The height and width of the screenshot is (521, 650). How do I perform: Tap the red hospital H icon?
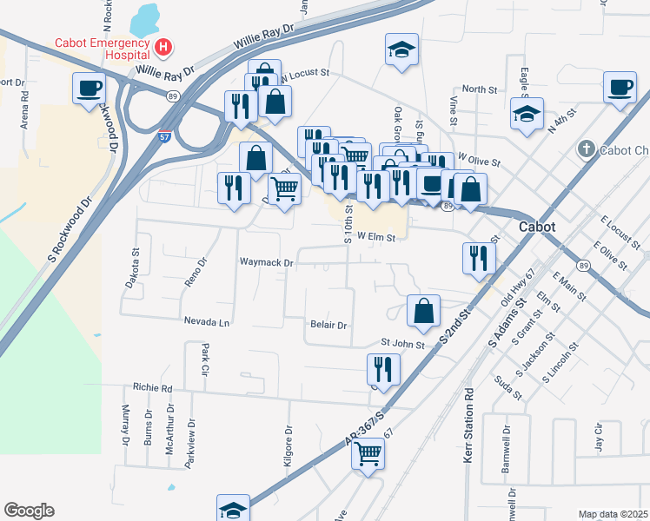pyautogui.click(x=162, y=46)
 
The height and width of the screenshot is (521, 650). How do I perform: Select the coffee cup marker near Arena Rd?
pyautogui.click(x=90, y=89)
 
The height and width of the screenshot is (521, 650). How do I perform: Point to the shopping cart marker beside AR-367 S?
pyautogui.click(x=368, y=452)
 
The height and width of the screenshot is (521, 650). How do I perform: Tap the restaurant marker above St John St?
pyautogui.click(x=382, y=369)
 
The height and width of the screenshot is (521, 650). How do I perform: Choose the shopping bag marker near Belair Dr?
pyautogui.click(x=423, y=311)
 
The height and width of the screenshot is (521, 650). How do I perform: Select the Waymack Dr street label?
pyautogui.click(x=268, y=261)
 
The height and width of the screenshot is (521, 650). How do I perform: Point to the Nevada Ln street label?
pyautogui.click(x=206, y=321)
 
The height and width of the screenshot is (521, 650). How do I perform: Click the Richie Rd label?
pyautogui.click(x=153, y=388)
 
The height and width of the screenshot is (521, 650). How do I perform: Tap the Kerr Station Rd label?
pyautogui.click(x=468, y=425)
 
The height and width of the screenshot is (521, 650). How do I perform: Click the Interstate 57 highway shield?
pyautogui.click(x=165, y=137)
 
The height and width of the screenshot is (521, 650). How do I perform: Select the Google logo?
pyautogui.click(x=29, y=510)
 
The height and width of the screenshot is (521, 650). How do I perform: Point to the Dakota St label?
pyautogui.click(x=136, y=265)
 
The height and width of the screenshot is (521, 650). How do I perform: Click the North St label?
pyautogui.click(x=479, y=89)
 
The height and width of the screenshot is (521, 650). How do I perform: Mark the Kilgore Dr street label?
pyautogui.click(x=289, y=446)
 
